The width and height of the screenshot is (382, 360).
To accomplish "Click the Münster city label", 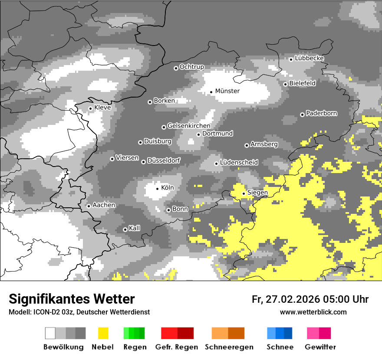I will point(227,91).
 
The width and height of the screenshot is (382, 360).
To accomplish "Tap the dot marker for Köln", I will point(157,188).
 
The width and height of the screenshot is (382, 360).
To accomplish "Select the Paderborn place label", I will point(321,114).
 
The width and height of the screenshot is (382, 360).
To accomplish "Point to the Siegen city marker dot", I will point(244,193).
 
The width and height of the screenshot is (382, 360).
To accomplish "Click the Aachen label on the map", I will point(104,205).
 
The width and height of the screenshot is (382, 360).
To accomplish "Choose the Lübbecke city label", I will point(309,58).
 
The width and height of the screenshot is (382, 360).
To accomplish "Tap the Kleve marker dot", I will point(90,108).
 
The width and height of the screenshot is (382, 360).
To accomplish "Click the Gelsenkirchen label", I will point(188,126).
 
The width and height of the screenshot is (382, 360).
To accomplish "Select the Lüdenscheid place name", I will point(239,163).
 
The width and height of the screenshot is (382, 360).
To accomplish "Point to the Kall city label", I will point(134,228).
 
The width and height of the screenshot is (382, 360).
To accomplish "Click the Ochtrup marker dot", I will point(176,68).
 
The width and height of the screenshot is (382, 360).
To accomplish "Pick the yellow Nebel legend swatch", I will point(103,333).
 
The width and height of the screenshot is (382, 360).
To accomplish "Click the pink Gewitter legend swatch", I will point(313,333).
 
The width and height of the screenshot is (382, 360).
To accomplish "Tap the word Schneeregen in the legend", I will point(229,347).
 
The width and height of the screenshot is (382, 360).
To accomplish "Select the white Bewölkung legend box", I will point(50,333).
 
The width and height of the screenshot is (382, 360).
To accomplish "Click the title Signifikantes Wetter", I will point(72,299).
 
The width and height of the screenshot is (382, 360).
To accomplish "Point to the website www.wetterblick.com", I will point(313,312).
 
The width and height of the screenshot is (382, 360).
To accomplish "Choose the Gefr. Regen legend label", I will point(176,347).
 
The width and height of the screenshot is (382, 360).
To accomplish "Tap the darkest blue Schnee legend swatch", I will point(288,333).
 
